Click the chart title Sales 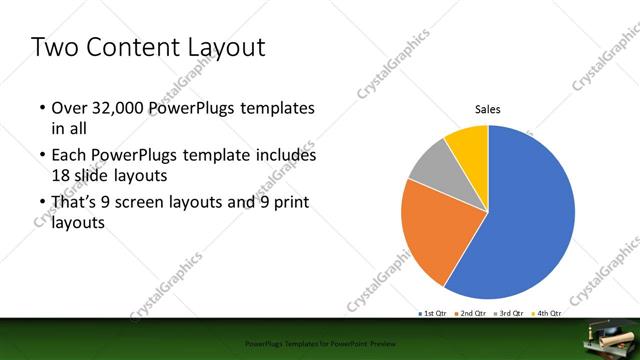point(487,109)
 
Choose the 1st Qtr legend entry point(432,314)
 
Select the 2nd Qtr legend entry point(471,314)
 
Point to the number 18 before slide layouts point(62,174)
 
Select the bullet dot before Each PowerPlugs point(41,157)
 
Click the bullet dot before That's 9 point(41,204)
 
